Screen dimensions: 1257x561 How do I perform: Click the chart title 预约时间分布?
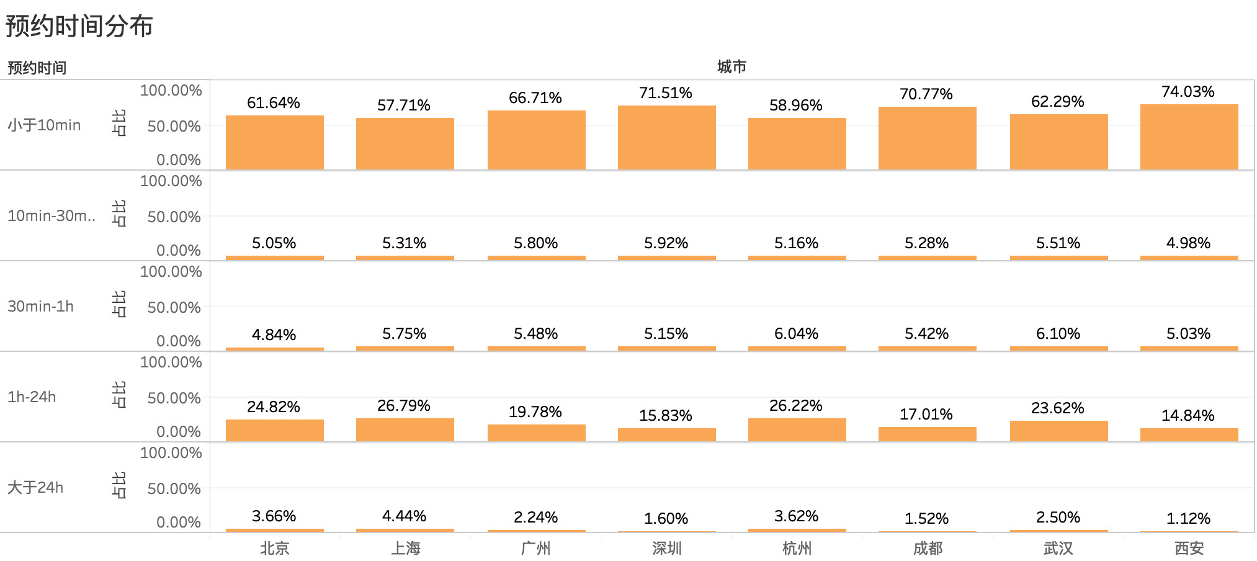click(79, 26)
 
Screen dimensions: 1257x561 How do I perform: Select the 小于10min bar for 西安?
click(1189, 137)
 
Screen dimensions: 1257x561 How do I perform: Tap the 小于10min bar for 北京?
click(274, 143)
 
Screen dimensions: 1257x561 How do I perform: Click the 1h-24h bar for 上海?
click(405, 430)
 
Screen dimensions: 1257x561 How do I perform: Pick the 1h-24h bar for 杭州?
click(797, 430)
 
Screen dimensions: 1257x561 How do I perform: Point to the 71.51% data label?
click(666, 93)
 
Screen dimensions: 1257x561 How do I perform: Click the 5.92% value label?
click(666, 243)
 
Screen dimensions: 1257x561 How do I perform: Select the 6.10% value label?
click(1058, 334)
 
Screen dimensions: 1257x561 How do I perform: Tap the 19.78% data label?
click(535, 412)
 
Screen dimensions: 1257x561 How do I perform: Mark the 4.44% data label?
click(404, 516)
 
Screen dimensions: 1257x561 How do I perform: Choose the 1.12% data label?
click(1188, 519)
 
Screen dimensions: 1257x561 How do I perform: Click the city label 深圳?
click(667, 549)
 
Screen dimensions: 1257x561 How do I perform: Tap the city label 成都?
click(928, 549)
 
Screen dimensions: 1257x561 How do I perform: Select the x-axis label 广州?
click(536, 549)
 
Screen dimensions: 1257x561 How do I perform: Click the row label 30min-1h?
click(40, 307)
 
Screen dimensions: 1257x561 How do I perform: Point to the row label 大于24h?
click(35, 488)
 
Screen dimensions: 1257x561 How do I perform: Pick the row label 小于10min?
click(44, 125)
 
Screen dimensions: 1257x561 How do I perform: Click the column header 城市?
click(731, 67)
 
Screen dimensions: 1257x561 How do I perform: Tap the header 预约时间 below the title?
click(37, 68)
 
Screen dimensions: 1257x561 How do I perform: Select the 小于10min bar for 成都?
click(927, 138)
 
